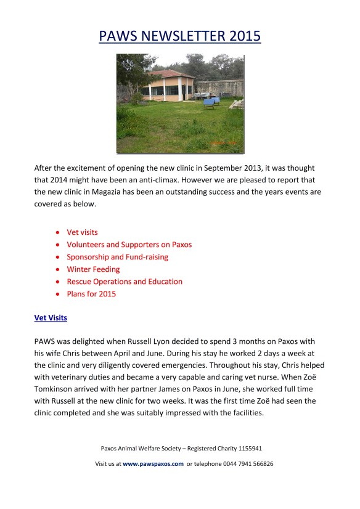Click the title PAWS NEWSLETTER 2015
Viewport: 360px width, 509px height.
[x=180, y=36]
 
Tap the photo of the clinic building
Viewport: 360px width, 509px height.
[x=180, y=103]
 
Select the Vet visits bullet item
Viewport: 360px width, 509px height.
[x=83, y=232]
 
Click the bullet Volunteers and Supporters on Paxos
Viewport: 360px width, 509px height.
[x=129, y=245]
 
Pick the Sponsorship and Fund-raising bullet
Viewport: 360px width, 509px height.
[x=117, y=257]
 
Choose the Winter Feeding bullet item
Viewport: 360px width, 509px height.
[x=93, y=269]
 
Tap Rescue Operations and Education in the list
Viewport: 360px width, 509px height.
[x=125, y=282]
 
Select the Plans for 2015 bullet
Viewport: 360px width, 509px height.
[x=91, y=294]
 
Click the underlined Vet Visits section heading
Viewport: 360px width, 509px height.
[x=51, y=318]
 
